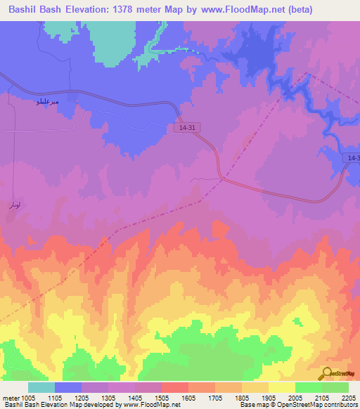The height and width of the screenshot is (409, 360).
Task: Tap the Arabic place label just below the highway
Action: pyautogui.click(x=47, y=103)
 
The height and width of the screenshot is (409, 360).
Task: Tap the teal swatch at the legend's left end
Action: pyautogui.click(x=41, y=387)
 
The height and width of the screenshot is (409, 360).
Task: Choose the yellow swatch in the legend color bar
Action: pyautogui.click(x=282, y=387)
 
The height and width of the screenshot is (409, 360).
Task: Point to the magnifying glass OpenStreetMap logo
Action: pyautogui.click(x=328, y=373)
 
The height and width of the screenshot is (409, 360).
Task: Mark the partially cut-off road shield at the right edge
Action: pyautogui.click(x=354, y=159)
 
